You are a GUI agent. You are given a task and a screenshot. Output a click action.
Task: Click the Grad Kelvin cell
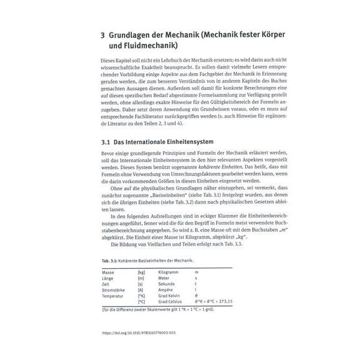point(172,295)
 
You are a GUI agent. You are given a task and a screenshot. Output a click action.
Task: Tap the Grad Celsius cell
point(173,301)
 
